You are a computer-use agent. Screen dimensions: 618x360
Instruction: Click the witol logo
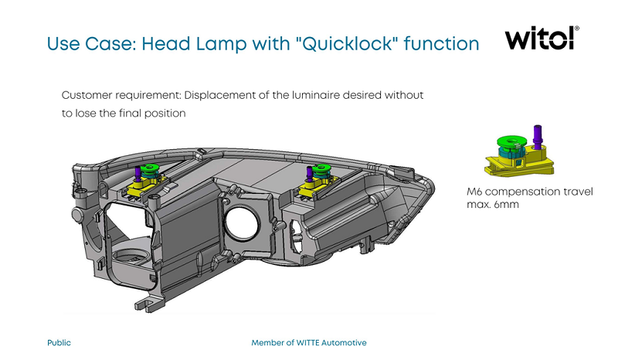coord(542,38)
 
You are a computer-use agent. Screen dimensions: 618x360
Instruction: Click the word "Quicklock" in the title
coord(345,43)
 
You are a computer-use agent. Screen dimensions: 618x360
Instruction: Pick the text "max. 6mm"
coord(492,205)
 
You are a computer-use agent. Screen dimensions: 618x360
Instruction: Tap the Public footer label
coord(59,343)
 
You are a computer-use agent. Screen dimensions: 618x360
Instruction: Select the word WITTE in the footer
coord(307,343)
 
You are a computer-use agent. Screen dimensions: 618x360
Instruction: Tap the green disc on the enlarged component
coord(511,142)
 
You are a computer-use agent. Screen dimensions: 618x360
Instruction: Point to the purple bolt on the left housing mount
coord(138,174)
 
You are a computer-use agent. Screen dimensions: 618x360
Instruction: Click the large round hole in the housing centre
coord(242,223)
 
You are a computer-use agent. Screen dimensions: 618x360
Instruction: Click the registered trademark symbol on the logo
coord(577,29)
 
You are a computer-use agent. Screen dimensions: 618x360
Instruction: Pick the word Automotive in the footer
coord(344,343)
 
